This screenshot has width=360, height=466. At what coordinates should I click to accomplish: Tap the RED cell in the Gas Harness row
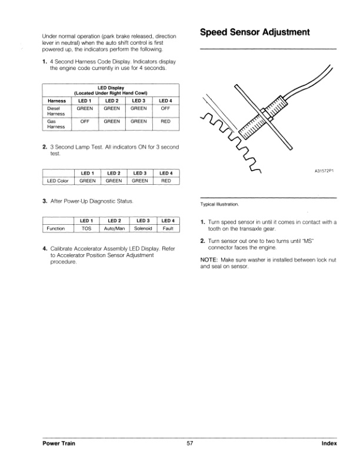click(x=166, y=121)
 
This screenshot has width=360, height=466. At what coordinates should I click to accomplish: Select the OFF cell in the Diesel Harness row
click(x=166, y=109)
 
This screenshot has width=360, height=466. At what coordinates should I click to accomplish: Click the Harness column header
click(x=56, y=101)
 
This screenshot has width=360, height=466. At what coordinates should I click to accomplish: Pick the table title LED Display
click(x=111, y=88)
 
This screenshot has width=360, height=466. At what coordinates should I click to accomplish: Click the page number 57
click(x=190, y=444)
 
